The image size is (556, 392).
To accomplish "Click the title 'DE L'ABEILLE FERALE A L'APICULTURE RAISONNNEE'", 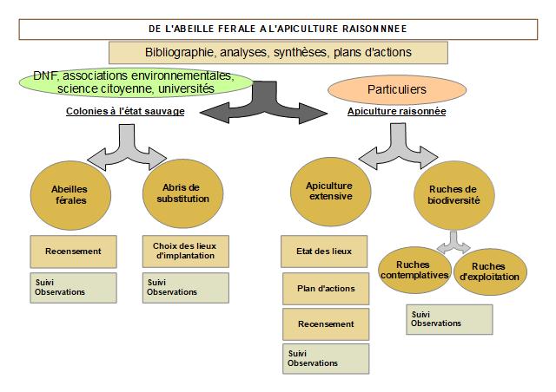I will tap(278, 29).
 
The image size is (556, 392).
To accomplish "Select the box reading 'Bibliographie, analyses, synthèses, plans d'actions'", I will tap(278, 52).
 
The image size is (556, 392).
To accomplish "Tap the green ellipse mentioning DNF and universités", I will tap(135, 82).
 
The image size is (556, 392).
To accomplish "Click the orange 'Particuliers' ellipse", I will tap(390, 89).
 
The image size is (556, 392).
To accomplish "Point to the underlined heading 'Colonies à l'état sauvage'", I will tap(126, 111).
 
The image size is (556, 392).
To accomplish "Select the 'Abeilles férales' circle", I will tap(69, 193).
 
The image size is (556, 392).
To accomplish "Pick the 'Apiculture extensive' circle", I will tap(329, 191).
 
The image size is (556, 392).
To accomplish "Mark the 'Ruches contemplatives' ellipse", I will tap(414, 270).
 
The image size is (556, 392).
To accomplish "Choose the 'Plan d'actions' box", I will tap(325, 288).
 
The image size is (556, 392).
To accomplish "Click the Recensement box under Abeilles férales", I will tap(73, 252).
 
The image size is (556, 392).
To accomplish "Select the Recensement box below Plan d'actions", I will tap(325, 323).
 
